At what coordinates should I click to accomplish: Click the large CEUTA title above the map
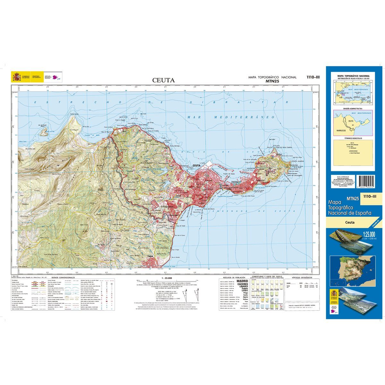pyautogui.click(x=164, y=80)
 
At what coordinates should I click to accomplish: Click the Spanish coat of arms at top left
pyautogui.click(x=16, y=77)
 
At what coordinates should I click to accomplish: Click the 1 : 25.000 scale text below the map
pyautogui.click(x=167, y=278)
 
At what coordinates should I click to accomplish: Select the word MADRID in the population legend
pyautogui.click(x=242, y=281)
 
